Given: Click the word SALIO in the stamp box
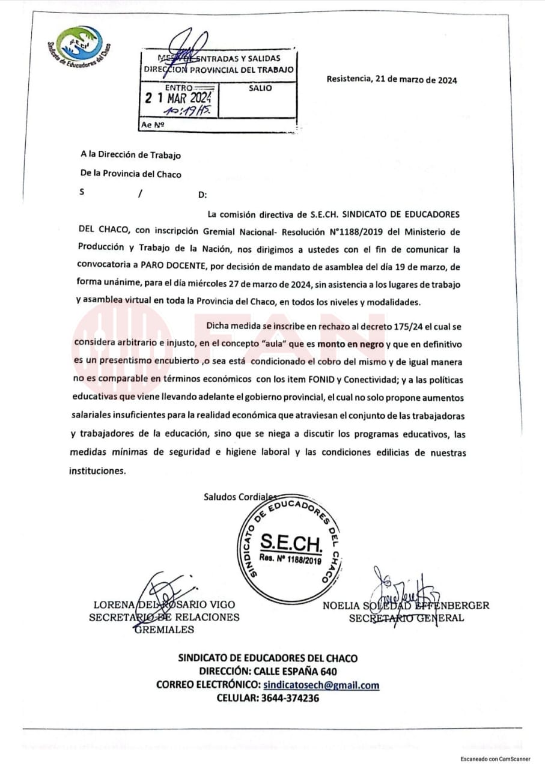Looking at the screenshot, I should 260,88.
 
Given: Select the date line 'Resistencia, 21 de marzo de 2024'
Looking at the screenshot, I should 392,79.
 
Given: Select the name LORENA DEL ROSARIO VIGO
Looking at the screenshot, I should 164,604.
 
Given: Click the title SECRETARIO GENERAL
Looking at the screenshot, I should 406,618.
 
